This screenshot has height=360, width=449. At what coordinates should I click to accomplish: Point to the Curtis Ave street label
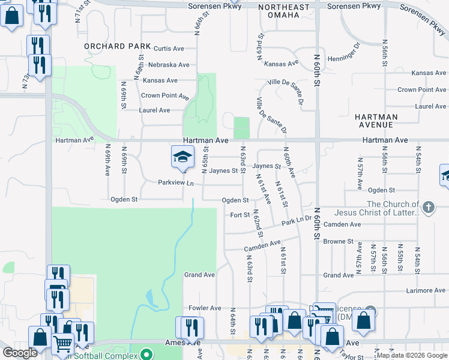tap(169, 49)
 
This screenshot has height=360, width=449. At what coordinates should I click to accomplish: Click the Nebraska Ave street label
tap(169, 65)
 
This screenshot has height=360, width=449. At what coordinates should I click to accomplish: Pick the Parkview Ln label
tap(176, 183)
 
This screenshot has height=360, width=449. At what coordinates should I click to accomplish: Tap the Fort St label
tap(240, 215)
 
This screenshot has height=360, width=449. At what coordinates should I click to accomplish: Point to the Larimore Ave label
tap(424, 290)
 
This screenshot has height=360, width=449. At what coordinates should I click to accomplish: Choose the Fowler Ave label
tap(205, 308)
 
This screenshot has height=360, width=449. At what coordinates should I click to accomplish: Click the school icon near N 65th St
tap(182, 157)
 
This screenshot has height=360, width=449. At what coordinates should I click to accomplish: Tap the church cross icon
tap(428, 208)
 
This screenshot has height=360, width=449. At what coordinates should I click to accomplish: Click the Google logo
tap(20, 353)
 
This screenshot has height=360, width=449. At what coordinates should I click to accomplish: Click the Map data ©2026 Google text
tap(411, 355)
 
